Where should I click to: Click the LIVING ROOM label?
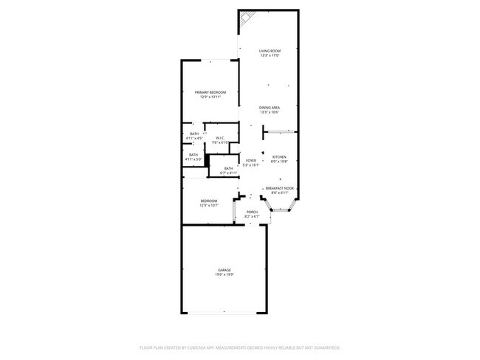click(x=269, y=50)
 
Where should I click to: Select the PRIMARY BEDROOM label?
click(x=210, y=92)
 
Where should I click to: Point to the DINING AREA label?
click(x=269, y=108)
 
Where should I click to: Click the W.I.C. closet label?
click(x=220, y=138)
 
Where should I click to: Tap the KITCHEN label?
click(x=279, y=156)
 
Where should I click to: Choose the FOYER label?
click(x=251, y=160)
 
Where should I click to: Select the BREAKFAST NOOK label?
click(x=280, y=188)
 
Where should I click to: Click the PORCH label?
click(x=252, y=211)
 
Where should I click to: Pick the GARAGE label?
click(x=224, y=270)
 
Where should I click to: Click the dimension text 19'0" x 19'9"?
click(x=224, y=274)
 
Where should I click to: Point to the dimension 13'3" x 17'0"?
click(x=269, y=55)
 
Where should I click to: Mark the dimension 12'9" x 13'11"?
click(x=210, y=97)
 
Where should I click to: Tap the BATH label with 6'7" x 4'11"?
click(x=228, y=169)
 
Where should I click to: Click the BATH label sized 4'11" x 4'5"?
click(x=193, y=134)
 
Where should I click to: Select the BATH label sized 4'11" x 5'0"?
click(x=193, y=154)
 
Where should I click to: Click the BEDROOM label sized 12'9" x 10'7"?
click(x=209, y=201)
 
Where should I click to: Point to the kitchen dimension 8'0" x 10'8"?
click(x=279, y=161)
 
